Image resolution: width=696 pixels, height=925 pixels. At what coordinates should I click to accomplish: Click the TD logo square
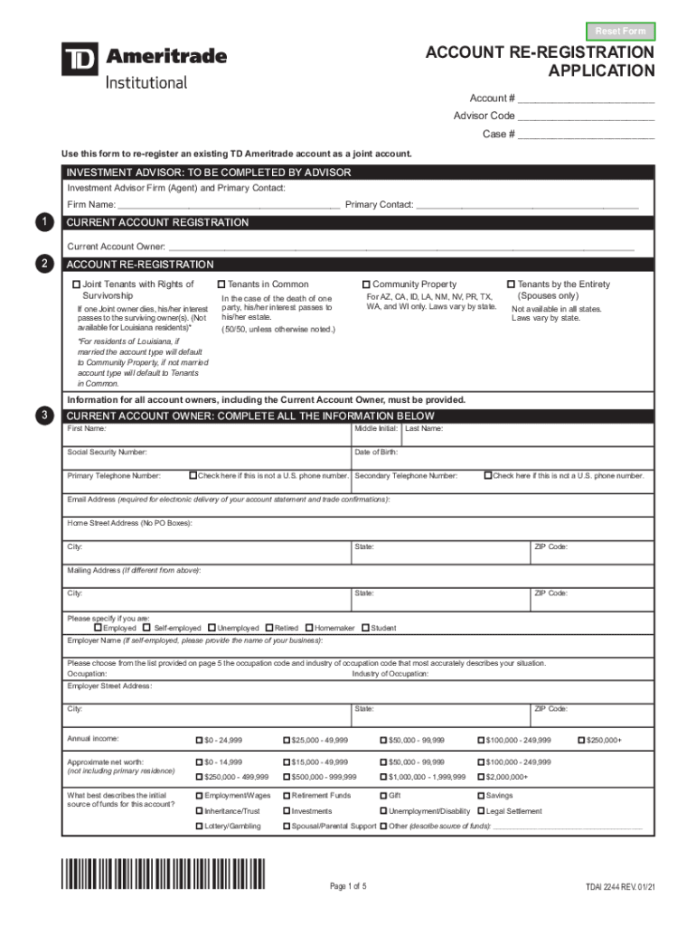click(x=79, y=60)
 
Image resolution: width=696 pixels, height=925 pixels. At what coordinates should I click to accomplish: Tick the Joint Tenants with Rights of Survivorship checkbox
click(x=77, y=285)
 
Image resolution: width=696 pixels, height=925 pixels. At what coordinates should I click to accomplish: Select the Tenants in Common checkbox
click(x=221, y=285)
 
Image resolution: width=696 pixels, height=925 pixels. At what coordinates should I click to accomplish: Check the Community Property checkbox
click(x=366, y=285)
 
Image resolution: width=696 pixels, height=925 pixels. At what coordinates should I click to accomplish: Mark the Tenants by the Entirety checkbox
click(x=511, y=285)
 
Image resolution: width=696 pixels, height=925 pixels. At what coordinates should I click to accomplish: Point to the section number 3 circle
click(x=42, y=415)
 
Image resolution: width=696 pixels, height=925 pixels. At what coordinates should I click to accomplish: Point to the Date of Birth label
click(x=376, y=452)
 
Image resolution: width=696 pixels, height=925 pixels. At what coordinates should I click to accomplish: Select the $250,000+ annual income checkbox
click(x=580, y=740)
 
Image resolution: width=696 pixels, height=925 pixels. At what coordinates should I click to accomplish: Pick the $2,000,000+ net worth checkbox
click(x=480, y=777)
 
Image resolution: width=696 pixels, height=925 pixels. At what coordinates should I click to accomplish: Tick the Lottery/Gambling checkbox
click(x=200, y=827)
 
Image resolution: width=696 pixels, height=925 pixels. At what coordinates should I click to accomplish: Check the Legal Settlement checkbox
click(x=480, y=811)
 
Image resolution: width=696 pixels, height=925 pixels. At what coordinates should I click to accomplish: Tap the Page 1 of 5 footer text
click(x=348, y=886)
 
